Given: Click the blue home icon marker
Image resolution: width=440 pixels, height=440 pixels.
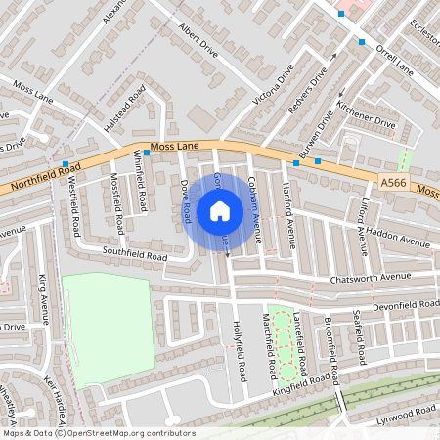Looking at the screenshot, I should pyautogui.click(x=220, y=210).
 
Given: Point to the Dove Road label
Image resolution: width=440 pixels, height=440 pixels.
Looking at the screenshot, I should pyautogui.click(x=185, y=200).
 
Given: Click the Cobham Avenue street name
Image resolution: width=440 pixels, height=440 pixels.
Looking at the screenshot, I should pyautogui.click(x=255, y=208).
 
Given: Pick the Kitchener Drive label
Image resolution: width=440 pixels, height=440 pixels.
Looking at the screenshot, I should pyautogui.click(x=365, y=115).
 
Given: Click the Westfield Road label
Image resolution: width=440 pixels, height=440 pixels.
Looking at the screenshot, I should pyautogui.click(x=74, y=210).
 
